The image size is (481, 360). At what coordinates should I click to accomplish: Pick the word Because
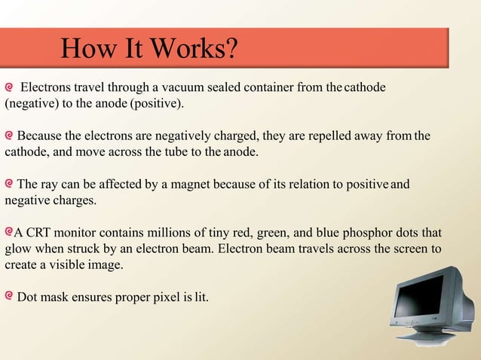41,136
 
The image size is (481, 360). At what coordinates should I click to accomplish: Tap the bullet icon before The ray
9,184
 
